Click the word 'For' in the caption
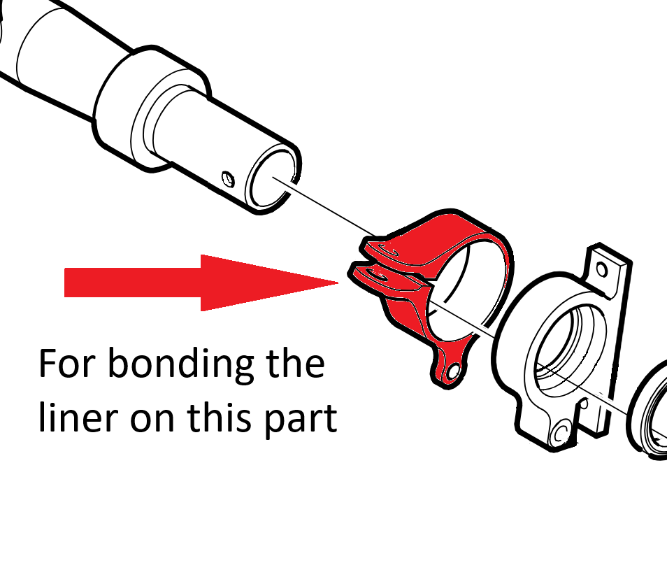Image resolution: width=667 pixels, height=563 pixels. click(66, 364)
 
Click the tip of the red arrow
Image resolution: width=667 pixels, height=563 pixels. click(336, 283)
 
